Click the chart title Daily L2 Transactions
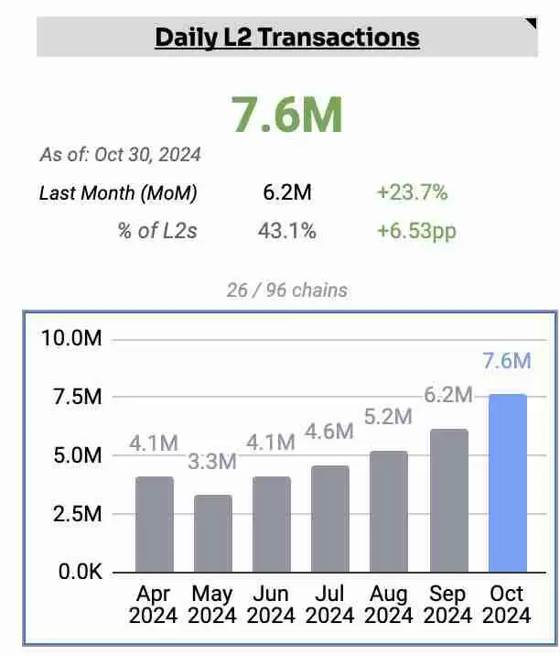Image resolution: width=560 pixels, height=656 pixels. pyautogui.click(x=286, y=38)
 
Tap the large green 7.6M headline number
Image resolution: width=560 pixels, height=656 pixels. pyautogui.click(x=286, y=115)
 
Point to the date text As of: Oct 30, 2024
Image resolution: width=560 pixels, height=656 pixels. pyautogui.click(x=120, y=155)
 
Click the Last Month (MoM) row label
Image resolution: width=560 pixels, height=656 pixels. pyautogui.click(x=118, y=193)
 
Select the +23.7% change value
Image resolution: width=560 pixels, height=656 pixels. pyautogui.click(x=412, y=193)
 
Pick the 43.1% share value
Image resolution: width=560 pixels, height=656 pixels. pyautogui.click(x=286, y=231)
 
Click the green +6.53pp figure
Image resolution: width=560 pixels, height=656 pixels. pyautogui.click(x=416, y=231)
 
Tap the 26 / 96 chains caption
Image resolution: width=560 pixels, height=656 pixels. pyautogui.click(x=286, y=290)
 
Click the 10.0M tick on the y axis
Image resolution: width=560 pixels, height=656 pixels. pyautogui.click(x=71, y=339)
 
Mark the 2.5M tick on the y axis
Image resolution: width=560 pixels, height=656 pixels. pyautogui.click(x=77, y=514)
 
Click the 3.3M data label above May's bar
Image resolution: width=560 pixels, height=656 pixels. pyautogui.click(x=212, y=461)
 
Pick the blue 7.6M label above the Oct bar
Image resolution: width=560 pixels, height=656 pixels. pyautogui.click(x=506, y=361)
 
